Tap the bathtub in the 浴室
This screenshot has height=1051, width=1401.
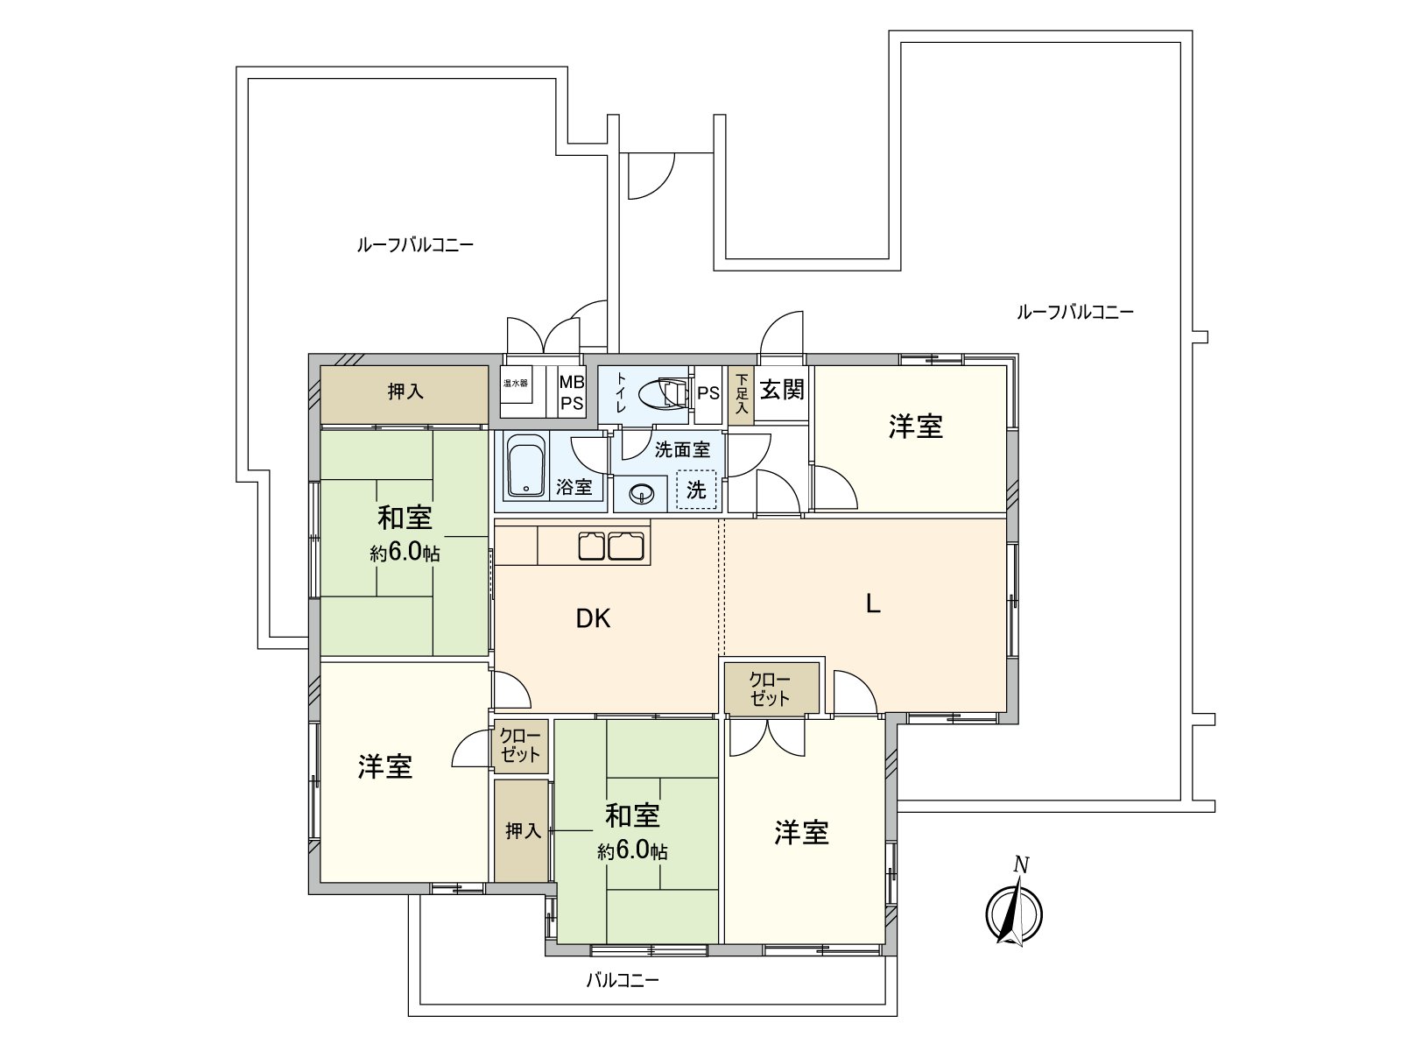click(x=525, y=467)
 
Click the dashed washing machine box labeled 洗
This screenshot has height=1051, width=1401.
click(x=696, y=490)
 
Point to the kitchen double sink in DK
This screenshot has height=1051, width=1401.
click(x=611, y=547)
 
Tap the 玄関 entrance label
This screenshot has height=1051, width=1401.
click(x=781, y=389)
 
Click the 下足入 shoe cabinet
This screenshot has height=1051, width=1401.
click(x=741, y=395)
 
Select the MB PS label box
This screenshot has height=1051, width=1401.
click(x=572, y=392)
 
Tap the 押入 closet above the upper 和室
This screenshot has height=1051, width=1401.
click(x=405, y=392)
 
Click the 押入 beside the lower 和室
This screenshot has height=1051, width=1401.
click(x=522, y=830)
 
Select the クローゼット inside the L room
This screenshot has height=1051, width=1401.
click(x=771, y=688)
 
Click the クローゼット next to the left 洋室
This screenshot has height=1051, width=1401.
click(x=520, y=744)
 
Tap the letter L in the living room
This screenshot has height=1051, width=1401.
click(x=872, y=604)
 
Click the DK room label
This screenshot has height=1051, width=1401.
click(x=593, y=619)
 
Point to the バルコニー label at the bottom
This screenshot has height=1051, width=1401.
click(x=622, y=980)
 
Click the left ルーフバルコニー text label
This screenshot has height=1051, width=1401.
click(x=415, y=244)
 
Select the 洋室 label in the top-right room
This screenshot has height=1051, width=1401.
click(x=916, y=427)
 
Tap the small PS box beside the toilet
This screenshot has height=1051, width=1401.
click(x=708, y=393)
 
